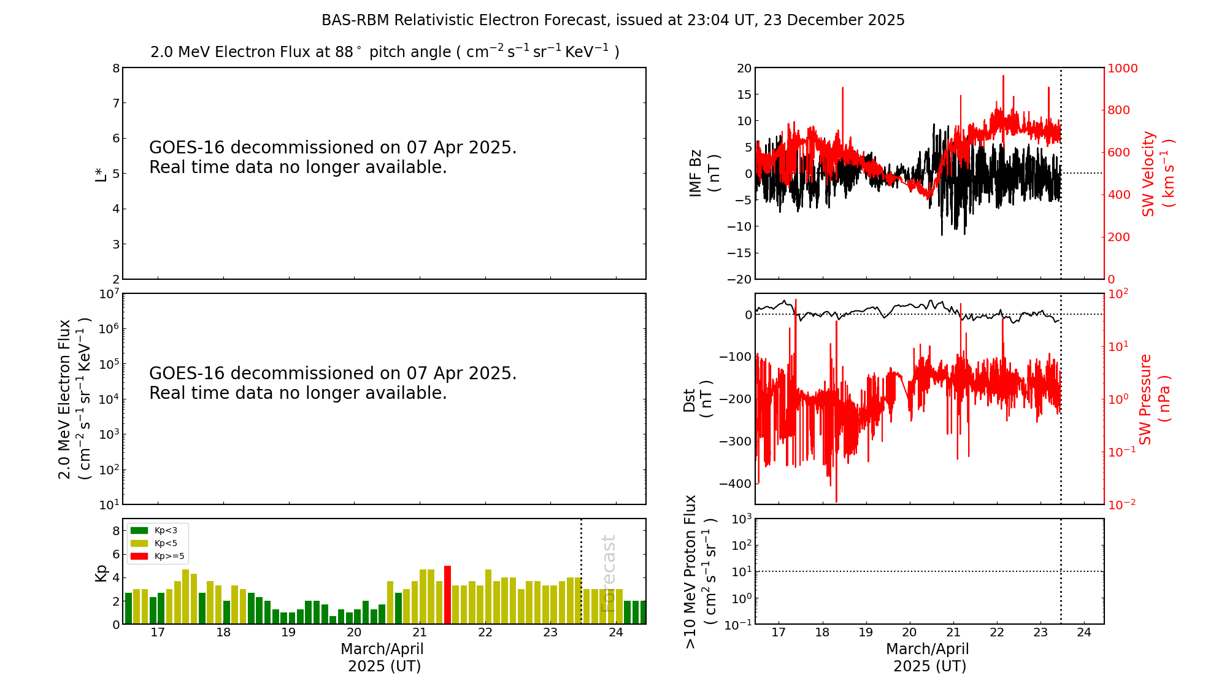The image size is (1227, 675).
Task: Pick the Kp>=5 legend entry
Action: pos(156,557)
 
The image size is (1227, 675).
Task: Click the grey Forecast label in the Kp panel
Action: pos(608,574)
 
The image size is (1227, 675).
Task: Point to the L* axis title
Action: pos(101,174)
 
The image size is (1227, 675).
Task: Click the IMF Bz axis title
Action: pos(704,173)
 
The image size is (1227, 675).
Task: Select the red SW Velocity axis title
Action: pos(1157,174)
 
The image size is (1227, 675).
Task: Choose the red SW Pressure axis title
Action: pos(1154,399)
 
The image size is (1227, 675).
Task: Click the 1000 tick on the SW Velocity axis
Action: pos(1122,68)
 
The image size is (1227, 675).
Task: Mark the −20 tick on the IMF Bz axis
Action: pos(739,279)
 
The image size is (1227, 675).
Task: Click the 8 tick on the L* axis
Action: pos(116,68)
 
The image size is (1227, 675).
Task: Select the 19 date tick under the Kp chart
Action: pos(288,633)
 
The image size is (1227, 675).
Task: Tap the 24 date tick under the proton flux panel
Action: pos(1084,633)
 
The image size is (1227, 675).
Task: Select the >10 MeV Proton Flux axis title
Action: pos(699,572)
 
